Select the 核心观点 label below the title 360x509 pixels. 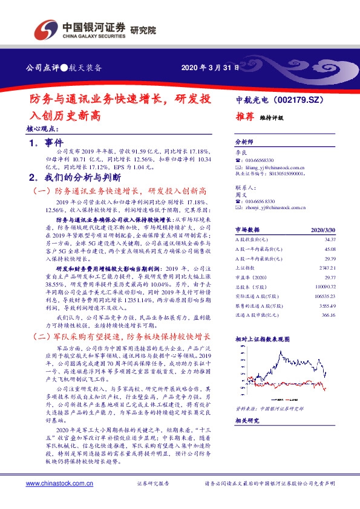click(x=43, y=128)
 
